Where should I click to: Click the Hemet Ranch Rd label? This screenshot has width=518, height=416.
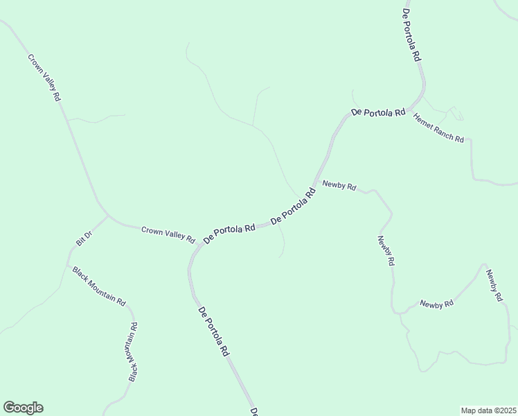pos(438,128)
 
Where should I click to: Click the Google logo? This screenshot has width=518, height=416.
pos(23,408)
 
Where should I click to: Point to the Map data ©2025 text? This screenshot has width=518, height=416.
pos(488,410)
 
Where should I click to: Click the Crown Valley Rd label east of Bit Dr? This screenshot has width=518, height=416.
pos(168,234)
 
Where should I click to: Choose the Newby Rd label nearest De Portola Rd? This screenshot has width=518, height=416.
pos(339,186)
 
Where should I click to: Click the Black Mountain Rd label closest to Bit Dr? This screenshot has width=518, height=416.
pos(99,286)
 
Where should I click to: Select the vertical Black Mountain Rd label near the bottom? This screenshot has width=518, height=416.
pos(133,352)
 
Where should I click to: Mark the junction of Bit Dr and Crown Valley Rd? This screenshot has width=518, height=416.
pos(108,216)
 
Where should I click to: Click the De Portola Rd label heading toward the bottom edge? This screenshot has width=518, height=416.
pos(213,331)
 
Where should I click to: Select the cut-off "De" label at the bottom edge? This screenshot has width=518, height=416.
pos(254,411)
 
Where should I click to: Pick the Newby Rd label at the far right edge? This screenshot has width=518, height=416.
pos(493,285)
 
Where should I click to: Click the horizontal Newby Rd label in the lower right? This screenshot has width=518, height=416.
pos(436,304)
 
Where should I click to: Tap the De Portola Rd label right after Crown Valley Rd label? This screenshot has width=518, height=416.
pos(229,232)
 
